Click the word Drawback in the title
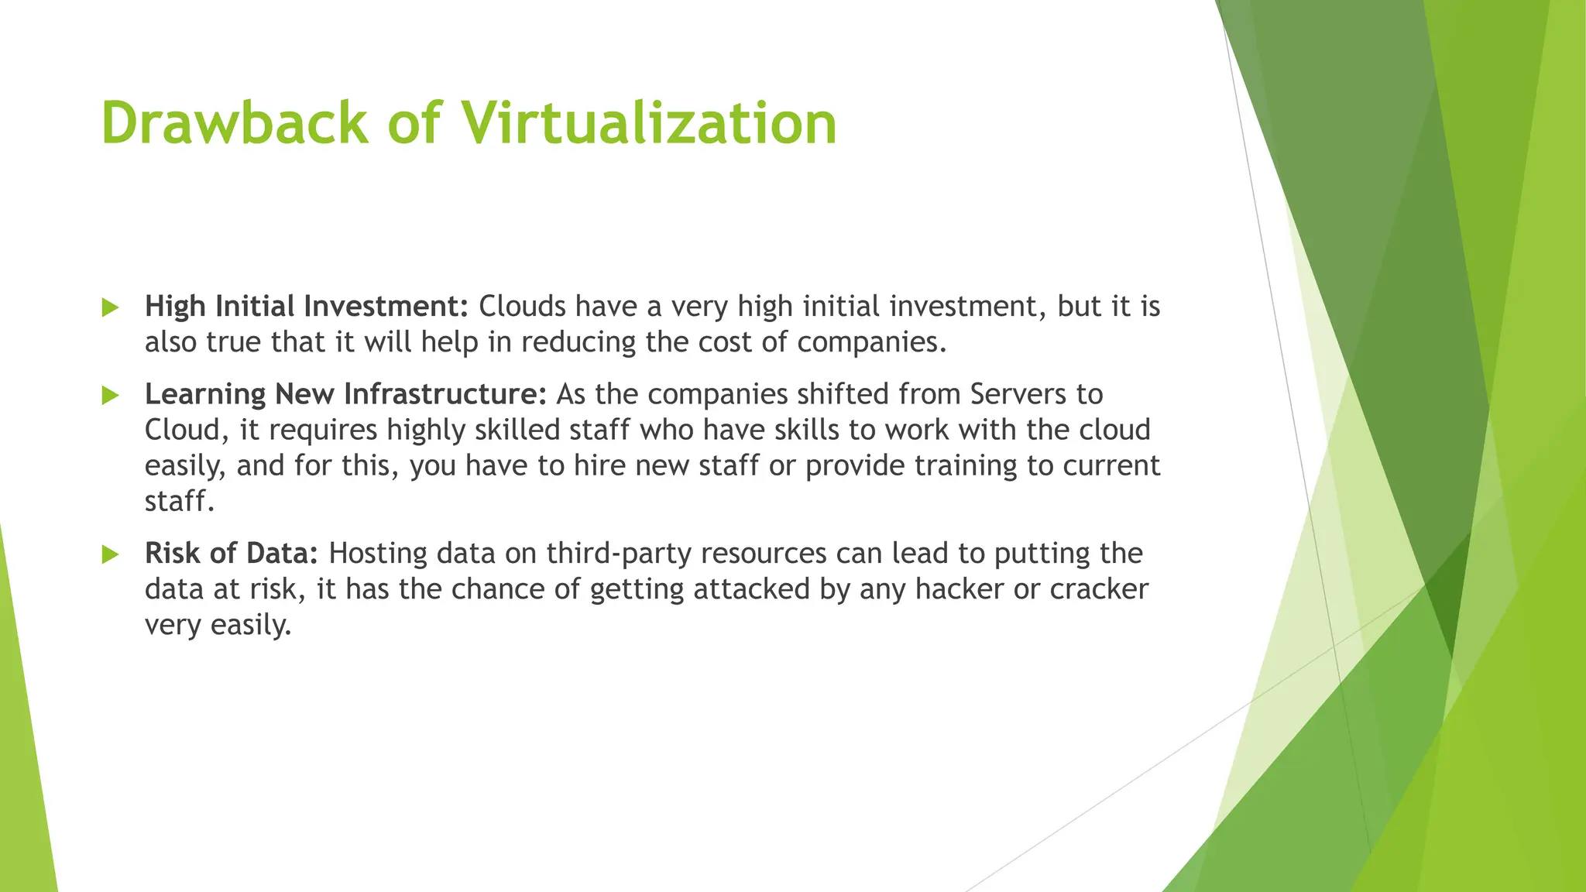pos(234,122)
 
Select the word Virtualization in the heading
pos(649,122)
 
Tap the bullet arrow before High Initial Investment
pos(110,307)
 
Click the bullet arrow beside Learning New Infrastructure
pos(110,396)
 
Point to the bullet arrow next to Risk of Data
pos(110,554)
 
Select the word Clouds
pos(523,307)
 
